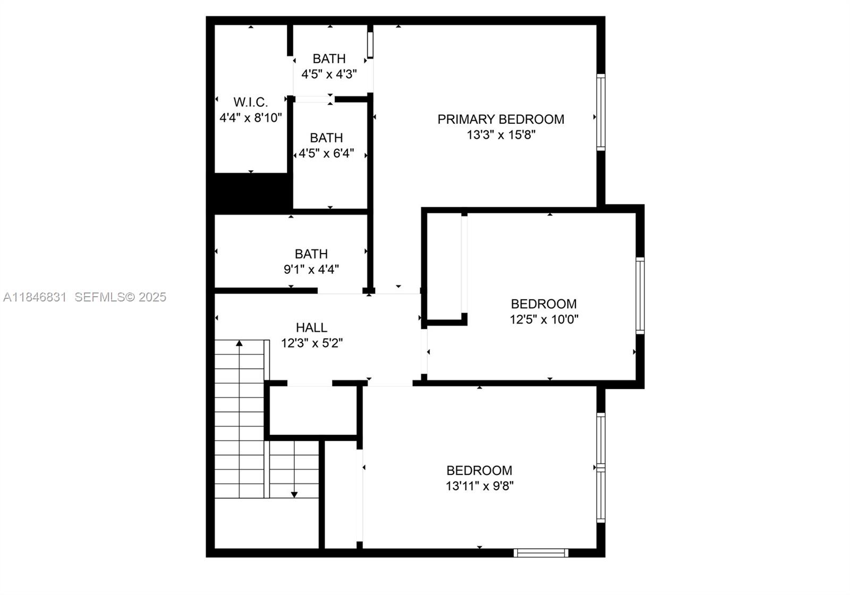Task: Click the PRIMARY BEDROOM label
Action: (500, 119)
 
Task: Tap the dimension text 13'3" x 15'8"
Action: (500, 135)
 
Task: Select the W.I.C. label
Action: (250, 102)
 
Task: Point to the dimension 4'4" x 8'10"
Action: (250, 118)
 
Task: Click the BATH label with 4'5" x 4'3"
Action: (329, 58)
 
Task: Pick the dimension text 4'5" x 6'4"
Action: (326, 154)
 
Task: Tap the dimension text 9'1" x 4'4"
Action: (311, 270)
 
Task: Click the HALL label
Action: (311, 328)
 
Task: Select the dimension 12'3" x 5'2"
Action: (312, 343)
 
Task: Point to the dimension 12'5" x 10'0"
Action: (543, 319)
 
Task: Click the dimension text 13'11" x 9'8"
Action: (479, 485)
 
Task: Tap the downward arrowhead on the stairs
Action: (294, 495)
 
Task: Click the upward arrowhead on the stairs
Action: (239, 343)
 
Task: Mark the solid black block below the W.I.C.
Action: (252, 192)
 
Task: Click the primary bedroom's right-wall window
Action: (600, 112)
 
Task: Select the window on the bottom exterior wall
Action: (541, 553)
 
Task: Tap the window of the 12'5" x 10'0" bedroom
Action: (640, 296)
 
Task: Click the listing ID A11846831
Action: (35, 297)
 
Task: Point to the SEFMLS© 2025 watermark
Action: (120, 297)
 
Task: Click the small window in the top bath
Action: (370, 45)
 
